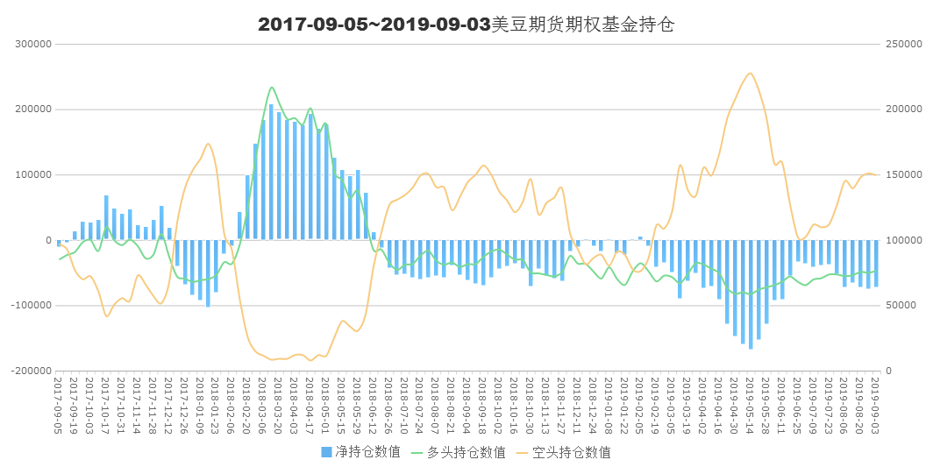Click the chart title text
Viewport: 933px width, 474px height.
click(466, 25)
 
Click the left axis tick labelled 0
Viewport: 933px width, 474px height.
click(49, 240)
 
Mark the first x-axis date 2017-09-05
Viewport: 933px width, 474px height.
click(59, 403)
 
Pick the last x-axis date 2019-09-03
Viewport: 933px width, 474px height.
click(876, 403)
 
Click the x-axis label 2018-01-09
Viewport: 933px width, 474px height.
click(200, 403)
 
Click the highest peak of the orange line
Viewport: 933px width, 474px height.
click(749, 73)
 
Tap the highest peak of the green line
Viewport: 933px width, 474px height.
click(272, 87)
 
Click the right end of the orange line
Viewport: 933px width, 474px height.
click(876, 175)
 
